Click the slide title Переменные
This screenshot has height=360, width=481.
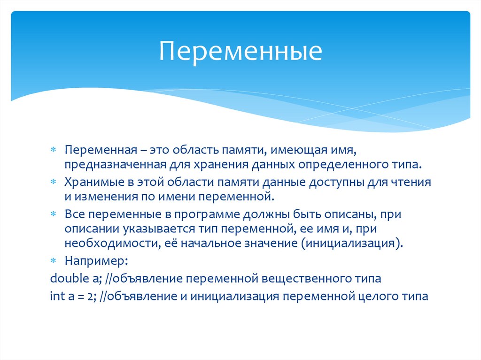(x=240, y=51)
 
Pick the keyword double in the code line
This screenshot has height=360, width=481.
(x=66, y=278)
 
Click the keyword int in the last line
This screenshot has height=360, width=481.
(x=56, y=297)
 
